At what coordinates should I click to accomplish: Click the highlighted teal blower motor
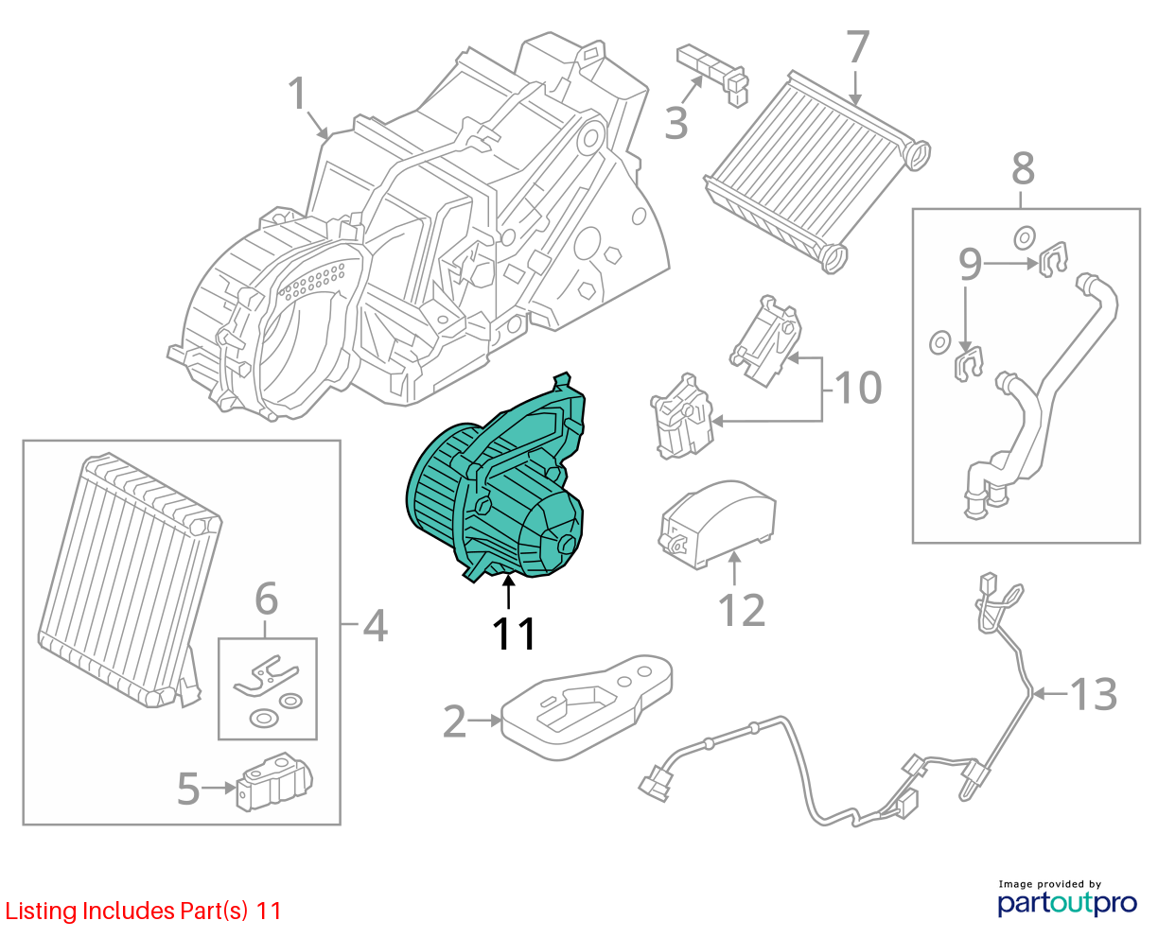[494, 485]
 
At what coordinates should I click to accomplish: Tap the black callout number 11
[513, 634]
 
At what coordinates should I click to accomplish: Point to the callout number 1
[297, 94]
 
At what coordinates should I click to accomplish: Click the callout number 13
[1093, 694]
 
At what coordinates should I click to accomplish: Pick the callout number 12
[742, 610]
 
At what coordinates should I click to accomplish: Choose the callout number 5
[188, 790]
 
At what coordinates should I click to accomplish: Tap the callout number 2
[454, 721]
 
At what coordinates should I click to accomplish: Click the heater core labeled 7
[817, 172]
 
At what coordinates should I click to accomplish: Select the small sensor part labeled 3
[713, 75]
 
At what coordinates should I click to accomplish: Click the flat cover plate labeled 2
[586, 708]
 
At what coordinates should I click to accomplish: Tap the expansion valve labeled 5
[274, 782]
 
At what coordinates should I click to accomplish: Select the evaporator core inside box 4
[130, 580]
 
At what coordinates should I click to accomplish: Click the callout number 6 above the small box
[267, 599]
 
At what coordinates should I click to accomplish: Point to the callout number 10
[857, 388]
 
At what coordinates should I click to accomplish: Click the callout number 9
[970, 264]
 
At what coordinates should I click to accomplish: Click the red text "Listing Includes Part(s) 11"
[143, 911]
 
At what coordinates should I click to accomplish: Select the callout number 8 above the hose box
[1023, 168]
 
